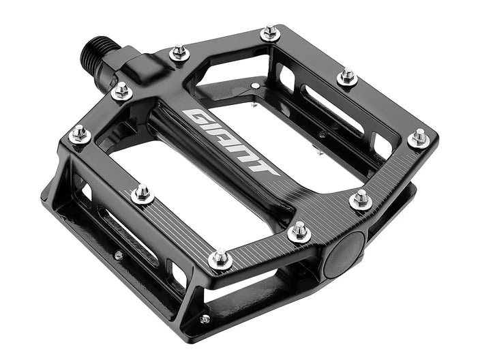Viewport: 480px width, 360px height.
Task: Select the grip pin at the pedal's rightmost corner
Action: (x=419, y=138)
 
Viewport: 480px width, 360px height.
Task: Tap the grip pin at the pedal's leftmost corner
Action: (x=80, y=134)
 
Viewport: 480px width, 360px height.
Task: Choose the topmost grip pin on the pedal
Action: (x=271, y=32)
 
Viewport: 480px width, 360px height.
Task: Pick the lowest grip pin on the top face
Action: (x=220, y=258)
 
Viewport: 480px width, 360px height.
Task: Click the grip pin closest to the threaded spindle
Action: (x=121, y=90)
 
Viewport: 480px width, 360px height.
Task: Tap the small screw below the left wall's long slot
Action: (x=119, y=255)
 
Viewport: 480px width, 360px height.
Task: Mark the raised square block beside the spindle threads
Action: (x=142, y=63)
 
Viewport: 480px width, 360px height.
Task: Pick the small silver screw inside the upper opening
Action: (x=255, y=86)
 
